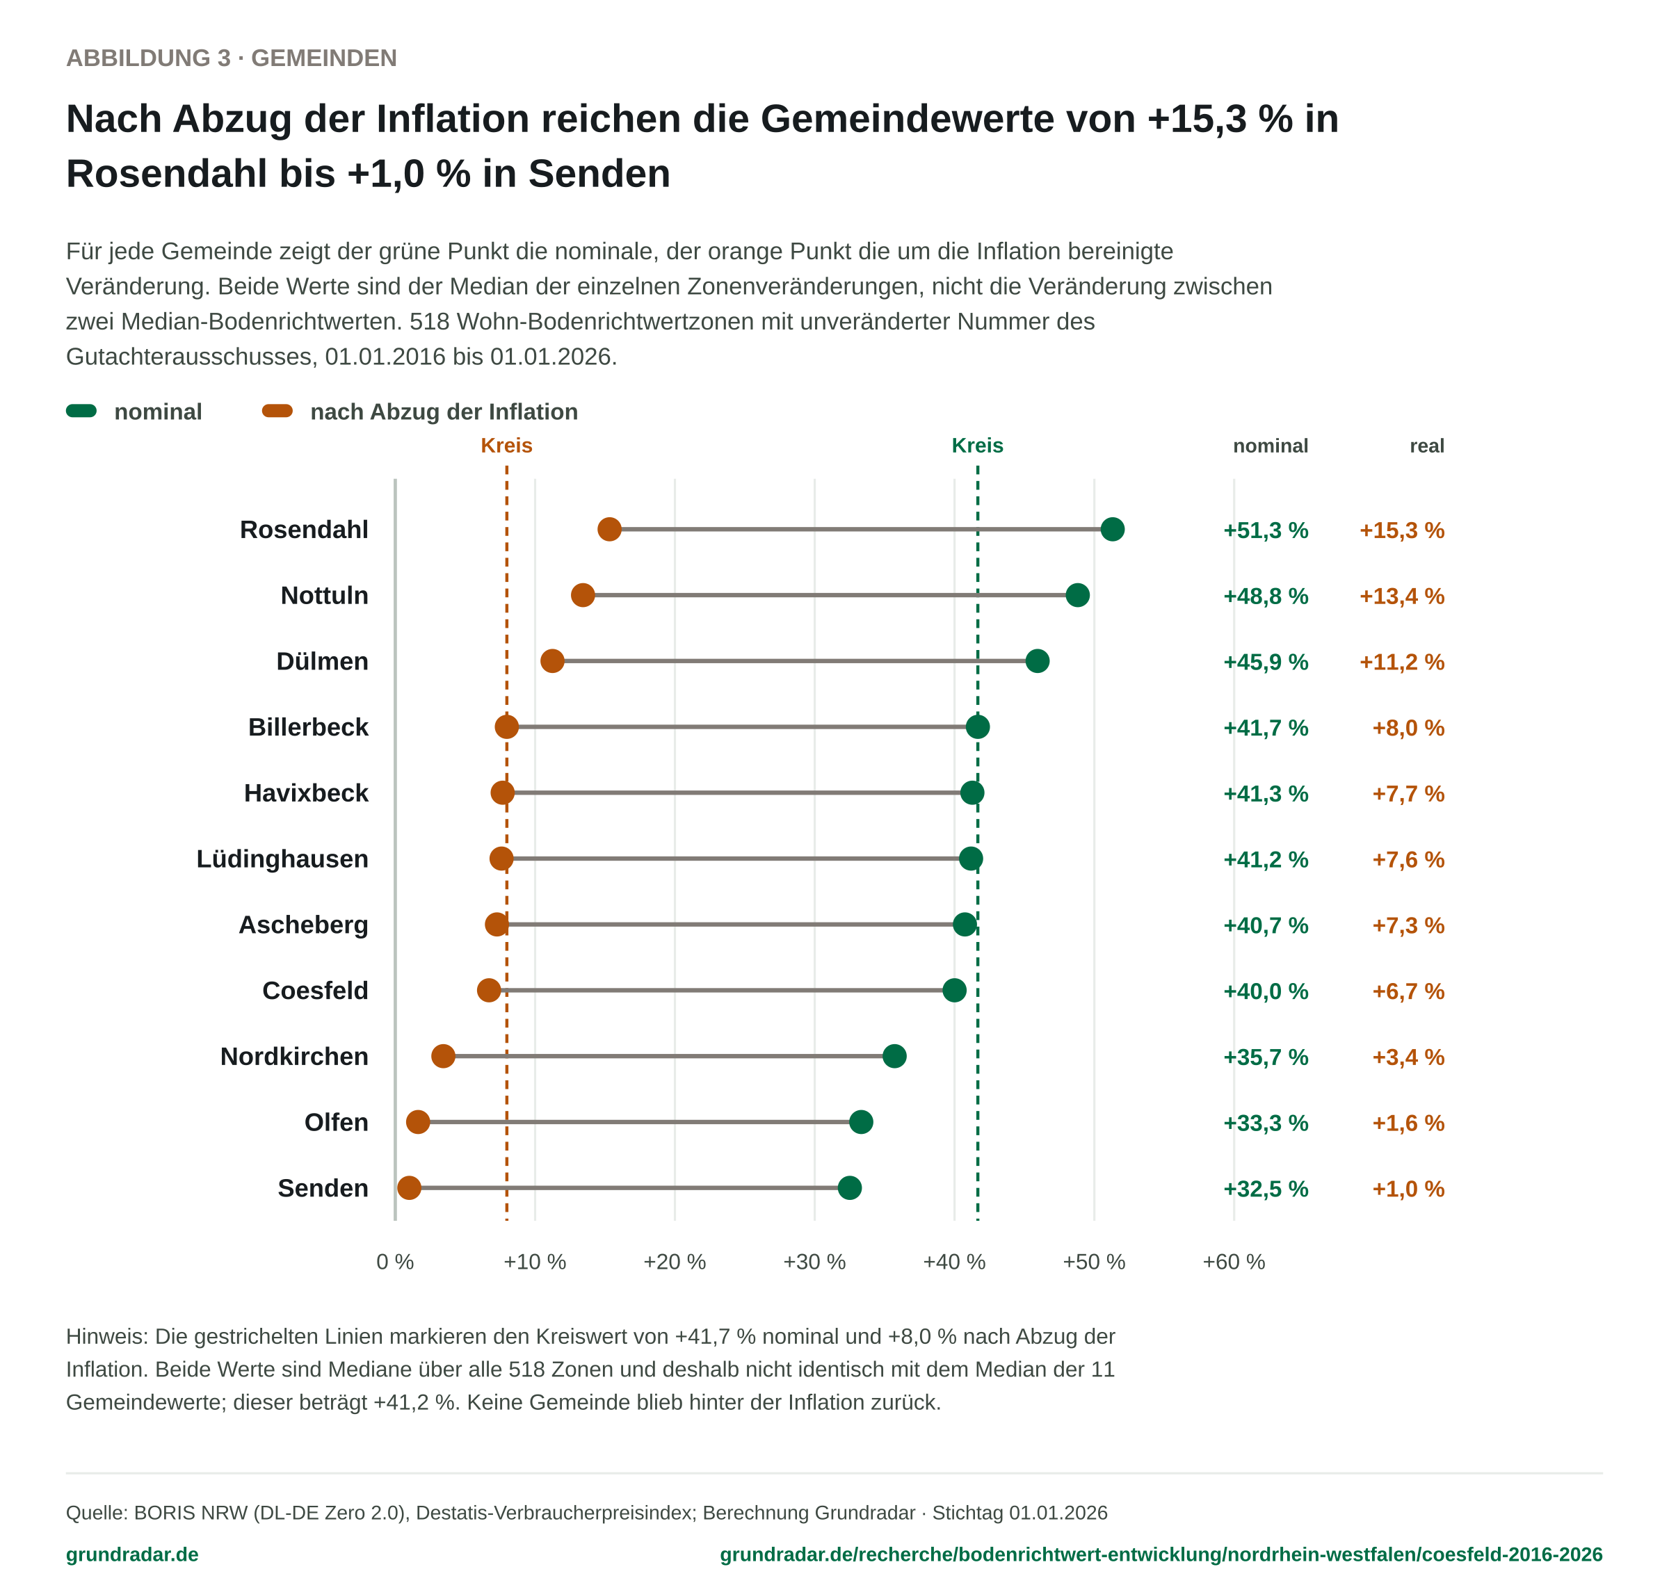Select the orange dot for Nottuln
click(582, 595)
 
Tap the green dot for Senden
click(849, 1187)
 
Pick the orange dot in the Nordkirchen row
click(443, 1056)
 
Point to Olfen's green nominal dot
click(861, 1122)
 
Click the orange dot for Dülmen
click(551, 661)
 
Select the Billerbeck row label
click(308, 727)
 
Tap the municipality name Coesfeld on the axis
click(315, 991)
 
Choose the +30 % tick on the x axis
click(814, 1262)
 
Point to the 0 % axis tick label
click(395, 1262)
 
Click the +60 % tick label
click(1234, 1262)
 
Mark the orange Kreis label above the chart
click(507, 446)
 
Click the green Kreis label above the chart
click(977, 446)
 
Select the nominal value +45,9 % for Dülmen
click(1266, 662)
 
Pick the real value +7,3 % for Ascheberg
click(1408, 925)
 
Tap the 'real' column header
click(1427, 446)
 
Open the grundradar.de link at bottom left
click(132, 1554)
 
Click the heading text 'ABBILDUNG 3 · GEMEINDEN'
click(232, 58)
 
